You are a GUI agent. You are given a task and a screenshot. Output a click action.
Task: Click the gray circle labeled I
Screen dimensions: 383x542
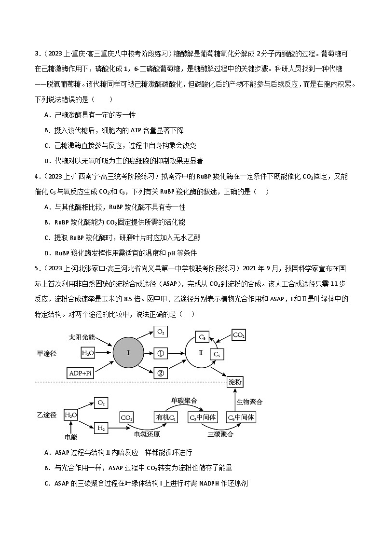(x=128, y=353)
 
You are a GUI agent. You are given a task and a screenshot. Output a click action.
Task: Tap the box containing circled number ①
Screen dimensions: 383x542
(x=161, y=353)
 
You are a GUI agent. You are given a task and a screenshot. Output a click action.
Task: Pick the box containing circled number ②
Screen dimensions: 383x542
(x=161, y=372)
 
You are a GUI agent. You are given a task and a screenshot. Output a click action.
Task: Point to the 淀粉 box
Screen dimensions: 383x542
(x=235, y=382)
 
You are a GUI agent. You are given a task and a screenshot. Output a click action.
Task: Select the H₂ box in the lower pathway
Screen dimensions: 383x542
(x=101, y=428)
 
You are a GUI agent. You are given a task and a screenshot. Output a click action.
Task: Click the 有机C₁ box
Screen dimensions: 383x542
(x=165, y=417)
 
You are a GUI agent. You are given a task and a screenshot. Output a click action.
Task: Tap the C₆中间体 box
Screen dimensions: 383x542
(x=241, y=417)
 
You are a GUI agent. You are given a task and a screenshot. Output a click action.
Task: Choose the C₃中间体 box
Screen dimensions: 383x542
(x=203, y=417)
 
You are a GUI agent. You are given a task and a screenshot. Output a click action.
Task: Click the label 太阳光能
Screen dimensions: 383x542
(x=82, y=336)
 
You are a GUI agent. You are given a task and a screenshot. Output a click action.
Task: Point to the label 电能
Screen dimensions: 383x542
(x=70, y=437)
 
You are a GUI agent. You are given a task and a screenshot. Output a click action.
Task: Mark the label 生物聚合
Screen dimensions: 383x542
(x=249, y=402)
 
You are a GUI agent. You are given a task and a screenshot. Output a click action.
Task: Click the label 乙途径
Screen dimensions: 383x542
(x=47, y=415)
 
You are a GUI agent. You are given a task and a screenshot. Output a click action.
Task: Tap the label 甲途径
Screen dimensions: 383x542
(x=47, y=353)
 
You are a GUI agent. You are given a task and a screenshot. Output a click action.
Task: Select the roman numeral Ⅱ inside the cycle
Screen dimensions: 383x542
(x=201, y=353)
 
